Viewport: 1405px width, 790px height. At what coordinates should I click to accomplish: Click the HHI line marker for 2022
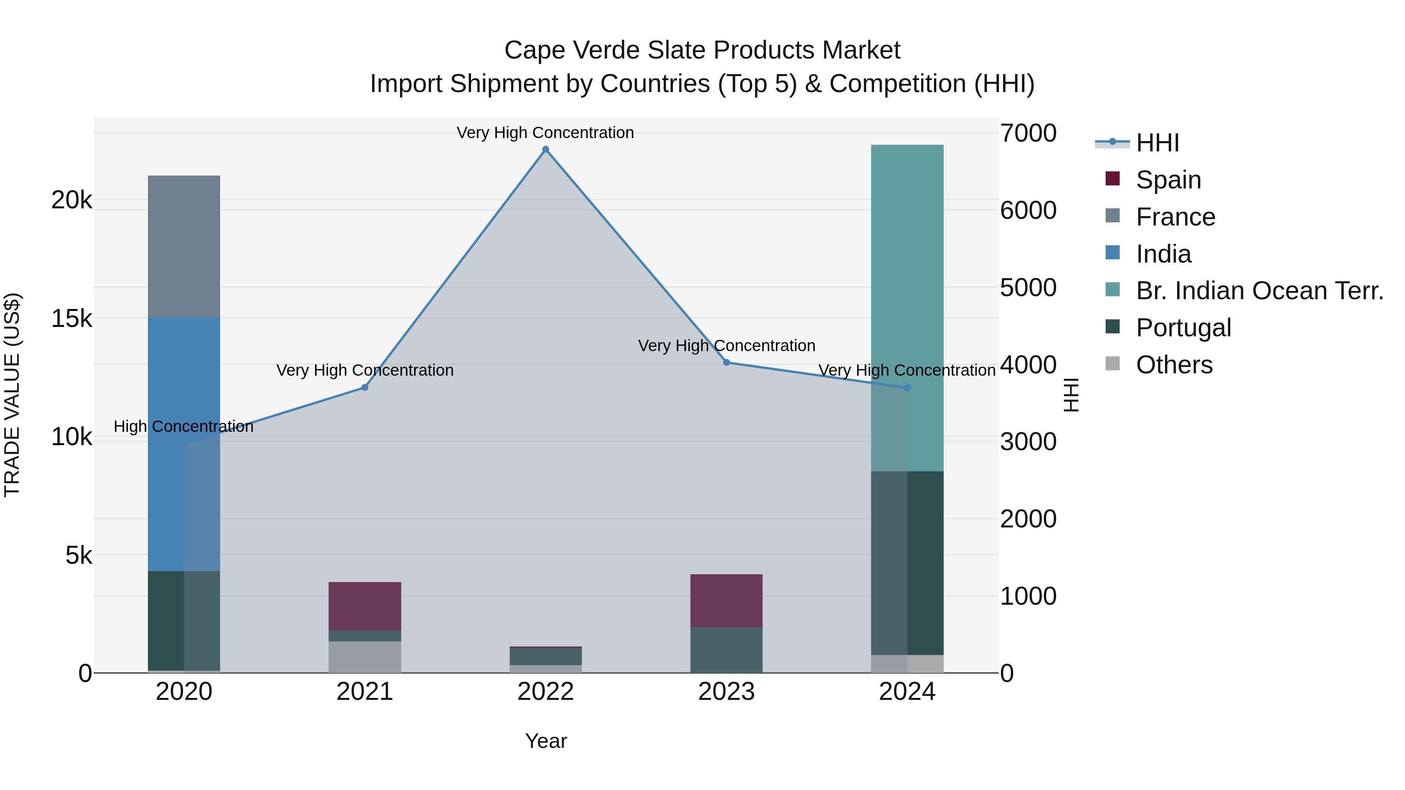[546, 149]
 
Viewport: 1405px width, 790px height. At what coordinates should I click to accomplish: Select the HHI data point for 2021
[365, 388]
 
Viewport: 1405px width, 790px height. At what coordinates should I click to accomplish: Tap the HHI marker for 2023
[726, 362]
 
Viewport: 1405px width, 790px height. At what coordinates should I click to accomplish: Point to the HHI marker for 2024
[907, 388]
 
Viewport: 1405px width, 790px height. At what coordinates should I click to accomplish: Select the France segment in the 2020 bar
[184, 247]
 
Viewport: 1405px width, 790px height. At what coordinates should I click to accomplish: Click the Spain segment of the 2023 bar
[726, 601]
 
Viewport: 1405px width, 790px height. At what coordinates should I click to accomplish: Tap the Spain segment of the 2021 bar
[365, 606]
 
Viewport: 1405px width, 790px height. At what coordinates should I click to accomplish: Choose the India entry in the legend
[1163, 254]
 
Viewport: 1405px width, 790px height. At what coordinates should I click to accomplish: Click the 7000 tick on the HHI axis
[1028, 133]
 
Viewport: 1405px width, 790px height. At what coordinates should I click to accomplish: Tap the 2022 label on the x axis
[546, 692]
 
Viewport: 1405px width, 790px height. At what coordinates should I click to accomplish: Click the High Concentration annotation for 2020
[183, 426]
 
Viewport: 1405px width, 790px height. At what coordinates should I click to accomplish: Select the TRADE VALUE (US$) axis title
[12, 395]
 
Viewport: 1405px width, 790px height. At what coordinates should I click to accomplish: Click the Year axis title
[546, 741]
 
